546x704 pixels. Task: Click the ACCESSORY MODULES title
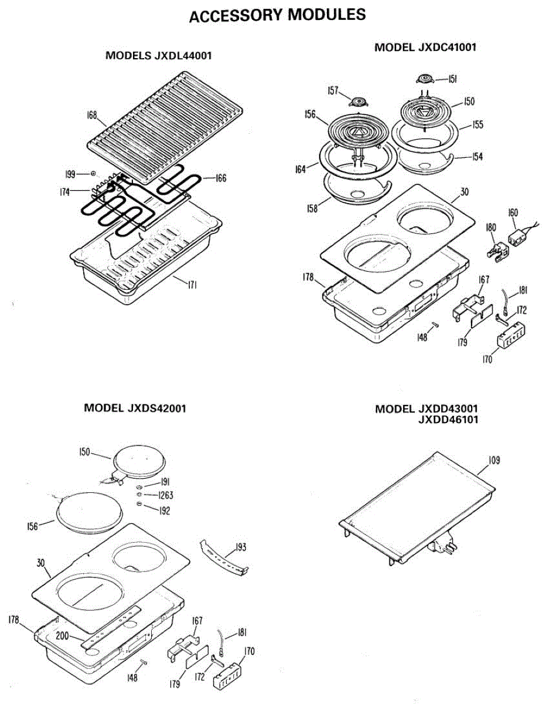[x=278, y=16]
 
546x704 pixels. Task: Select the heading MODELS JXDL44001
[x=158, y=56]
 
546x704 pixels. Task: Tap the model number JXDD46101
[x=443, y=419]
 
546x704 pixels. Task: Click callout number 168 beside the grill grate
[x=92, y=115]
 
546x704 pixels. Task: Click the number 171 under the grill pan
[x=192, y=285]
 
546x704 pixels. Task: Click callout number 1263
[x=164, y=495]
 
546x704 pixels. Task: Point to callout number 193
[x=240, y=548]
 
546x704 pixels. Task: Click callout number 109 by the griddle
[x=494, y=461]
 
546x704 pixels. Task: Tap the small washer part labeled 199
[x=93, y=174]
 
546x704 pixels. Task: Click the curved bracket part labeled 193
[x=223, y=559]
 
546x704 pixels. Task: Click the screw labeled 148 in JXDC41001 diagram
[x=434, y=324]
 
